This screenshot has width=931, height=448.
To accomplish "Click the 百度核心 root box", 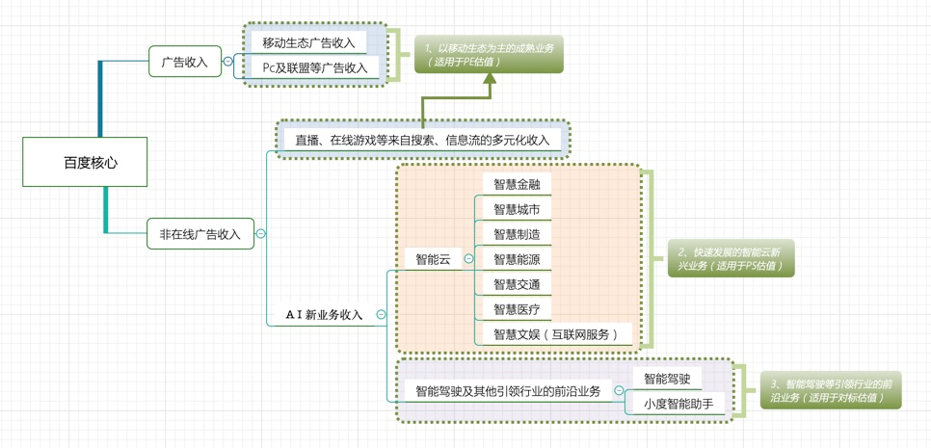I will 86,161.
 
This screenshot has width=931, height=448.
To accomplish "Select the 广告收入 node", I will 185,62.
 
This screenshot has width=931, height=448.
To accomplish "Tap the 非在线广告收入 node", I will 200,234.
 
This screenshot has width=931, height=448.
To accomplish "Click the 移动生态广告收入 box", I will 308,42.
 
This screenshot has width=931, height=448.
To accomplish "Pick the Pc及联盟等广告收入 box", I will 315,68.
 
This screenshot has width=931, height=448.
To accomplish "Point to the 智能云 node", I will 433,259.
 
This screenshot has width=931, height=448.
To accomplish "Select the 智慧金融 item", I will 517,184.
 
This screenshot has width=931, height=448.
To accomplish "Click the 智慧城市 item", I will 517,209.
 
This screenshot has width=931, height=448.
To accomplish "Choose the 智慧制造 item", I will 517,234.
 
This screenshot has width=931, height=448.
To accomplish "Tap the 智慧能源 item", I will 517,259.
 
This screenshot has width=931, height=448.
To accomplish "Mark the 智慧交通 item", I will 517,284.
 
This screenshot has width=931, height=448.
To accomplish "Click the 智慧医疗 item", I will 517,309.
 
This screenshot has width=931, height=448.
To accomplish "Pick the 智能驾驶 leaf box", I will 667,379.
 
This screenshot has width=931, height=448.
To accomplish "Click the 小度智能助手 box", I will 678,404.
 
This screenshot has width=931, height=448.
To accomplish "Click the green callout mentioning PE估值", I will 489,55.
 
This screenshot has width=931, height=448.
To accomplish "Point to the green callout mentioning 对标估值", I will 831,390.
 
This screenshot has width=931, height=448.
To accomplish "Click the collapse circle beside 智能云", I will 469,259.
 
